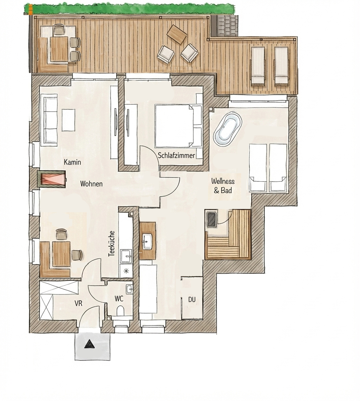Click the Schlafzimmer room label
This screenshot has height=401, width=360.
(x=176, y=155)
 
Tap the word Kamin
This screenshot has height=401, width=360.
(x=72, y=162)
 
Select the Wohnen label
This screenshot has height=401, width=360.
(x=91, y=184)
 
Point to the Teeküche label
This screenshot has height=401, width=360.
(x=111, y=244)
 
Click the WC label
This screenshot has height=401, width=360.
(x=119, y=299)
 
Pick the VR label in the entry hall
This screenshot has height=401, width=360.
(x=78, y=303)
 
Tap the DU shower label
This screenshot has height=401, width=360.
(x=192, y=300)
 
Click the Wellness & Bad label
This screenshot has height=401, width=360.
(x=222, y=186)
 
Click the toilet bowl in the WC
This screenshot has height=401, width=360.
(x=120, y=311)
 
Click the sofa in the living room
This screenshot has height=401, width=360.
(x=49, y=120)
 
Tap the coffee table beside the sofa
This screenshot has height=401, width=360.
(x=68, y=120)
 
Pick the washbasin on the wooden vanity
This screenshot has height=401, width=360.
(x=148, y=241)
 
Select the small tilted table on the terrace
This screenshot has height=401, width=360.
(x=176, y=35)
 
